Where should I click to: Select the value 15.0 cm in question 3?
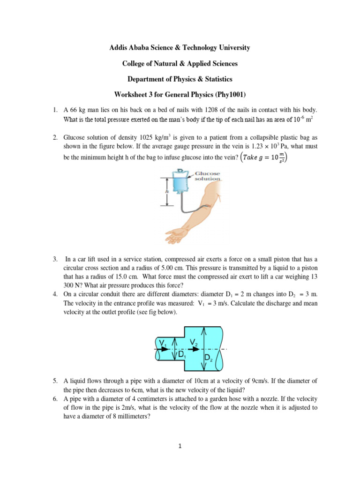click(x=113, y=277)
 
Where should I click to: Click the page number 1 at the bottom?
click(x=180, y=446)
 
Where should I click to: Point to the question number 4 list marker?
click(x=55, y=294)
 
